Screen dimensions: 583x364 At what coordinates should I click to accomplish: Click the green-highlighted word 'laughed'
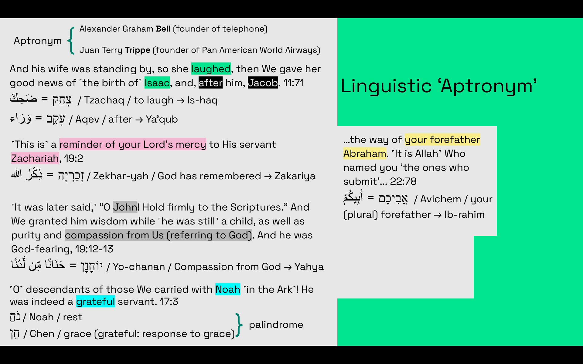coord(211,69)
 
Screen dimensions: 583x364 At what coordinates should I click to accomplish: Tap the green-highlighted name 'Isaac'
coord(157,83)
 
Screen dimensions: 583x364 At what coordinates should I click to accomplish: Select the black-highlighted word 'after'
coord(210,83)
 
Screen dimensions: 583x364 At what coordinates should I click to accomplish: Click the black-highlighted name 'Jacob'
coord(263,83)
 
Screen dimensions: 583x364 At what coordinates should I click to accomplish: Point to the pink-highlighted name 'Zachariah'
coord(35,158)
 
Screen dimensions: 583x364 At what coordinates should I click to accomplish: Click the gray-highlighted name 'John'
coord(125,207)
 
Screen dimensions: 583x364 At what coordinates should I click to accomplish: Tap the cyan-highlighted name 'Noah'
coord(228,289)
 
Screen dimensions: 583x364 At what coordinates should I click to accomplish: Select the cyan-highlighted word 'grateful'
coord(95,302)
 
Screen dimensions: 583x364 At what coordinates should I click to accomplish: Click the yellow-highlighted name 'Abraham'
coord(365,153)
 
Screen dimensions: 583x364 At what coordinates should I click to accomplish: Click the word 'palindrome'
coord(276,325)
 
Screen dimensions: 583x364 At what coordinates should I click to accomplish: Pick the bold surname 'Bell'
coord(163,29)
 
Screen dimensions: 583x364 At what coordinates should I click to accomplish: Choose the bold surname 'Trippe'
coord(138,50)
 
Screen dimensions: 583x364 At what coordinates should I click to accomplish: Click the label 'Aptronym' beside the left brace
coord(38,41)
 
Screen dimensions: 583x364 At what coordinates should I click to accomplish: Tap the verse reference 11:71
coord(294,83)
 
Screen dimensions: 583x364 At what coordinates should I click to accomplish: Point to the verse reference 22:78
coord(403,181)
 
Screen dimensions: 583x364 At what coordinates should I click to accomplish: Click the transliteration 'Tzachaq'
coord(104,100)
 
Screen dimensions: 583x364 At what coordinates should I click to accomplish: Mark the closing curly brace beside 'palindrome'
coord(239,325)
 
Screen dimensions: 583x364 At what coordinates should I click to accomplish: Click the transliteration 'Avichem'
coord(441,199)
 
